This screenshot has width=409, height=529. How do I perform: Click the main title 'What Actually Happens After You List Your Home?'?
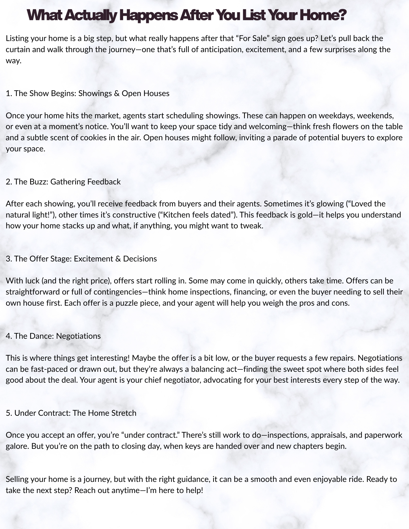tap(187, 15)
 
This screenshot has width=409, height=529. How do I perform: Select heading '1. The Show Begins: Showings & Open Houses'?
tap(88, 93)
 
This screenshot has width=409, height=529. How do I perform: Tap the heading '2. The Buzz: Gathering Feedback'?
tap(63, 182)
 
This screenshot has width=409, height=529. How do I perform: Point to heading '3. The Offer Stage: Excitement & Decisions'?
tap(81, 259)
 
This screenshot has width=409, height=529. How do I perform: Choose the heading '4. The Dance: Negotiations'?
tap(53, 336)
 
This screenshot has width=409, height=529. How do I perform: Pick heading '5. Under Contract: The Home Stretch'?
tap(71, 413)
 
